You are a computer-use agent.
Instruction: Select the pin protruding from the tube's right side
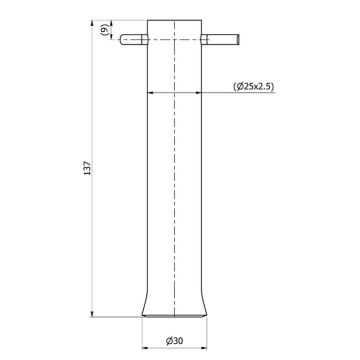[x=224, y=41]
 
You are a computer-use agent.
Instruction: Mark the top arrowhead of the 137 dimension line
[x=92, y=22]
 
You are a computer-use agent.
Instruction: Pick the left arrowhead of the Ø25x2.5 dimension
[x=151, y=92]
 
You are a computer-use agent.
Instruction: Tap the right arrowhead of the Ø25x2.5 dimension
[x=207, y=92]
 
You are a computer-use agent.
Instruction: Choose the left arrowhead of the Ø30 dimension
[x=143, y=330]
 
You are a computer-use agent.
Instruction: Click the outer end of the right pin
[x=237, y=41]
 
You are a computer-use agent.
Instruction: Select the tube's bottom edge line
[x=179, y=312]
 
